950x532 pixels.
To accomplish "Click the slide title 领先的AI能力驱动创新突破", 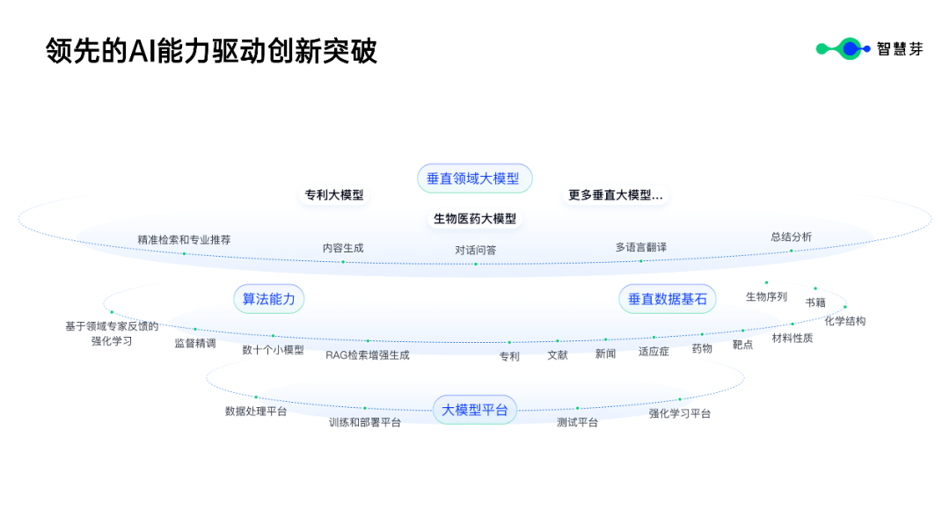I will [211, 51].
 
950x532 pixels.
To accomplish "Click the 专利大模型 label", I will [334, 195].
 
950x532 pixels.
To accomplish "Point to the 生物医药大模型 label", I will [475, 219].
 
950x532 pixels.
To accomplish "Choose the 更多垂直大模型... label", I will [615, 195].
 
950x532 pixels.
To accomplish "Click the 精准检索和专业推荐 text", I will [184, 239].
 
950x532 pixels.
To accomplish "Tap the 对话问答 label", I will [475, 250].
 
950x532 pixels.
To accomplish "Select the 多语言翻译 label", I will [640, 247].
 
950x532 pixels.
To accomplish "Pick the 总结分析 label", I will [791, 237].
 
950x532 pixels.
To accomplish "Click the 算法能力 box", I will [269, 299].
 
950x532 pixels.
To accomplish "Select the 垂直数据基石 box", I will [667, 299].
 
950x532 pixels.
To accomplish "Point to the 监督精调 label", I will [194, 343].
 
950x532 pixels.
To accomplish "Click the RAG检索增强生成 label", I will [367, 355].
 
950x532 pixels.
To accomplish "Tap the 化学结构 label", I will [844, 321].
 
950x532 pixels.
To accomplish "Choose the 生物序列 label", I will [766, 296].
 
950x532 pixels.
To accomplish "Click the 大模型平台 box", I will [475, 410].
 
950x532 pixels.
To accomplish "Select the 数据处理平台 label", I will [256, 412].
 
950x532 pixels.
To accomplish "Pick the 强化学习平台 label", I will [679, 413].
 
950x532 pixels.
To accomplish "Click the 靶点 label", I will [742, 345].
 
